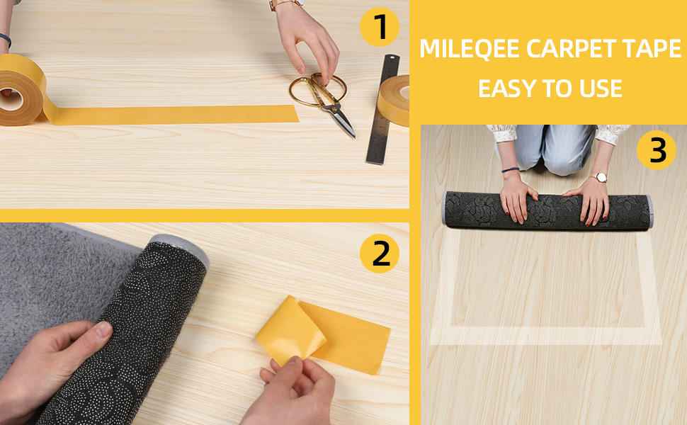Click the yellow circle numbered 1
pos(381,28)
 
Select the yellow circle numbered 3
pos(658,151)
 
